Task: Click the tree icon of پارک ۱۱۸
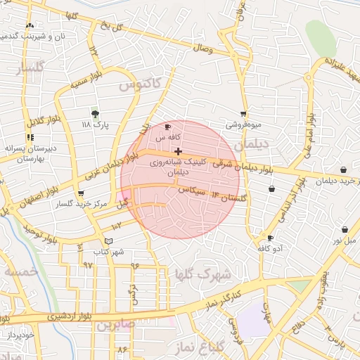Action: coord(96,113)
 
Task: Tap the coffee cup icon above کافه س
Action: coord(167,127)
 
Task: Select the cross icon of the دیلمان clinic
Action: coord(179,151)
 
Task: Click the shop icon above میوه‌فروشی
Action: coord(243,114)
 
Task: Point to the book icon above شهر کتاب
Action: coord(108,241)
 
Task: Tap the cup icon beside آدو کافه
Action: coord(271,238)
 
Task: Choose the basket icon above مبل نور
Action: coord(345,229)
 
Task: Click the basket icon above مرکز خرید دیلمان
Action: coord(342,170)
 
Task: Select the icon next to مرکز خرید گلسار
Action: coord(81,193)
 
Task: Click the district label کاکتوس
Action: coord(140,84)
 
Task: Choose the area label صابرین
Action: coord(116,325)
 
